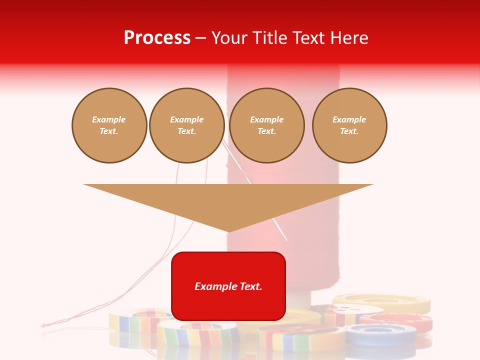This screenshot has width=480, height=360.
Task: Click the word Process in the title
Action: pyautogui.click(x=157, y=38)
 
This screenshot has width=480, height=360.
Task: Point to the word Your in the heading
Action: pyautogui.click(x=229, y=38)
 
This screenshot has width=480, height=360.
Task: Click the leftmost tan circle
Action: pyautogui.click(x=109, y=125)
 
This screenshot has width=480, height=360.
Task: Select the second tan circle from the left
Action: pyautogui.click(x=186, y=125)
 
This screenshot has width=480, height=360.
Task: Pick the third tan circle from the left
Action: pyautogui.click(x=266, y=125)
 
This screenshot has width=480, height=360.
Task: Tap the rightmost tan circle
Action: pyautogui.click(x=349, y=125)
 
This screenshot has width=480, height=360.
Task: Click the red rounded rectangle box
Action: pyautogui.click(x=228, y=300)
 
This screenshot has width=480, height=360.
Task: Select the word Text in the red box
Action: pyautogui.click(x=250, y=286)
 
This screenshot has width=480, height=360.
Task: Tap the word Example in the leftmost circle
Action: pyautogui.click(x=109, y=120)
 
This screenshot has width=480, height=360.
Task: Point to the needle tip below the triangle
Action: pyautogui.click(x=286, y=239)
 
